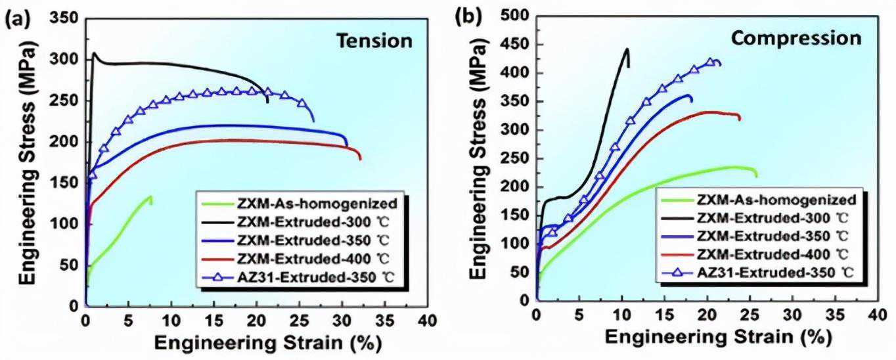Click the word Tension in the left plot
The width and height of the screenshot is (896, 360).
pyautogui.click(x=374, y=41)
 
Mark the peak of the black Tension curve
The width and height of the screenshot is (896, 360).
pyautogui.click(x=94, y=53)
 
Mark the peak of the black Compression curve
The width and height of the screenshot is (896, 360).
pyautogui.click(x=627, y=49)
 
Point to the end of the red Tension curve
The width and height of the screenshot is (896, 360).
pyautogui.click(x=360, y=159)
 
